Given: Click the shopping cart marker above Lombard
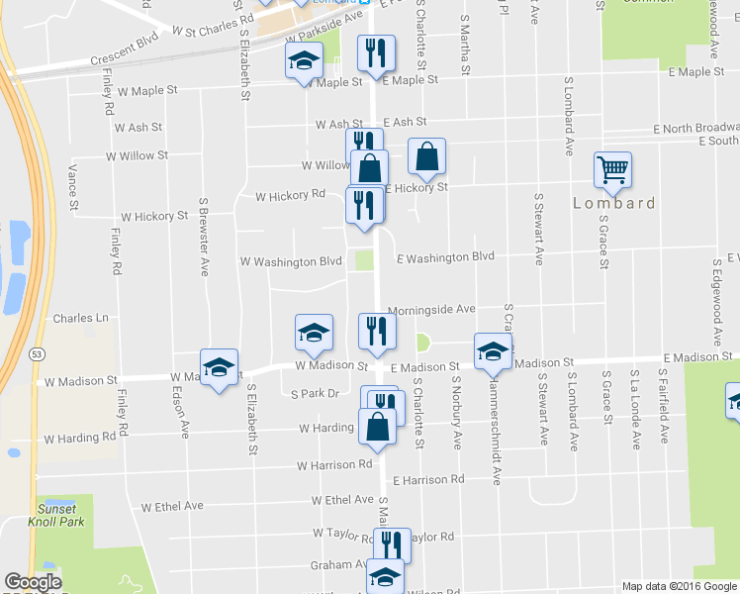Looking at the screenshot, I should [x=612, y=170].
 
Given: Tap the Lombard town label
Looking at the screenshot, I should [x=614, y=203].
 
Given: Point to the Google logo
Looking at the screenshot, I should [x=33, y=582].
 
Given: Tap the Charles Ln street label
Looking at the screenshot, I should [x=80, y=319].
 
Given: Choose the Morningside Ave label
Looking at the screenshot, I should [x=431, y=309].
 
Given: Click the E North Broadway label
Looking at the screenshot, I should [x=696, y=129].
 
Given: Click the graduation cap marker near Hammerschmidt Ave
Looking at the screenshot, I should [x=493, y=351].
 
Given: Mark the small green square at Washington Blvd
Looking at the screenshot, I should [x=365, y=260].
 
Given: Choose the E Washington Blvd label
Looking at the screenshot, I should [x=445, y=257].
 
